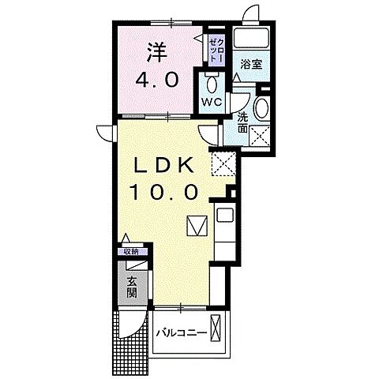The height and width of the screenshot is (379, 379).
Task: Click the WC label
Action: [210, 103]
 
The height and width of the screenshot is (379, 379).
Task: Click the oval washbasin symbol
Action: [263, 108]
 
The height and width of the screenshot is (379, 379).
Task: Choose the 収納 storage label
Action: [129, 251]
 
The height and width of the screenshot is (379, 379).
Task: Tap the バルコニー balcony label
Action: [182, 332]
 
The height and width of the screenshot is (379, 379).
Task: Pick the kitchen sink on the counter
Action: [222, 214]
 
